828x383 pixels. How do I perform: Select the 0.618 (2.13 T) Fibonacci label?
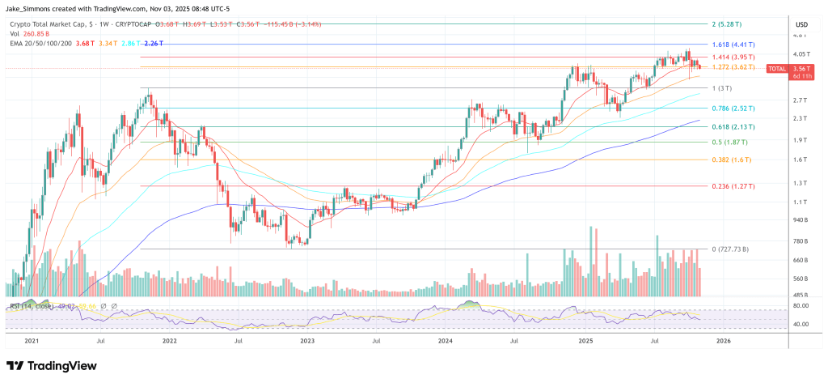pyautogui.click(x=731, y=126)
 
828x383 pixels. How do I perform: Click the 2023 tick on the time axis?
pyautogui.click(x=308, y=341)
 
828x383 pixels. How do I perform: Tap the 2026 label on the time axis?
pyautogui.click(x=724, y=341)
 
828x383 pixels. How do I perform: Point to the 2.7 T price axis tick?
pyautogui.click(x=800, y=100)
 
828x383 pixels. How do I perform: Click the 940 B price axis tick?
pyautogui.click(x=800, y=219)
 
